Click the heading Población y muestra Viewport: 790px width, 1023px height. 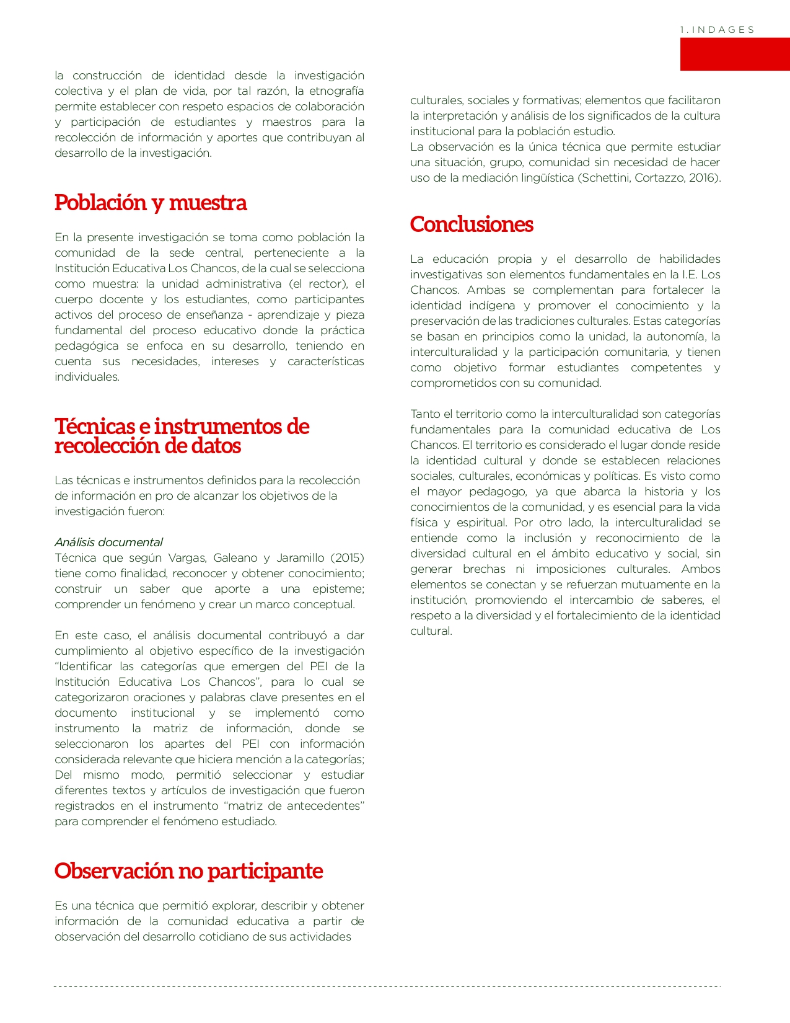(x=151, y=203)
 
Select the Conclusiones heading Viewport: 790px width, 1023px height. (x=472, y=224)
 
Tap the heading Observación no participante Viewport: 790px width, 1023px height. (x=188, y=871)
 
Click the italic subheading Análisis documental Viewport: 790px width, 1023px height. (x=108, y=542)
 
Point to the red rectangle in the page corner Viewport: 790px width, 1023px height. (x=734, y=54)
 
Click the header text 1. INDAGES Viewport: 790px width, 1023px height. (x=717, y=30)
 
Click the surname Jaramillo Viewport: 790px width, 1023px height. (x=301, y=557)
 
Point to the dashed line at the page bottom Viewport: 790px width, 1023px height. (x=387, y=986)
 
